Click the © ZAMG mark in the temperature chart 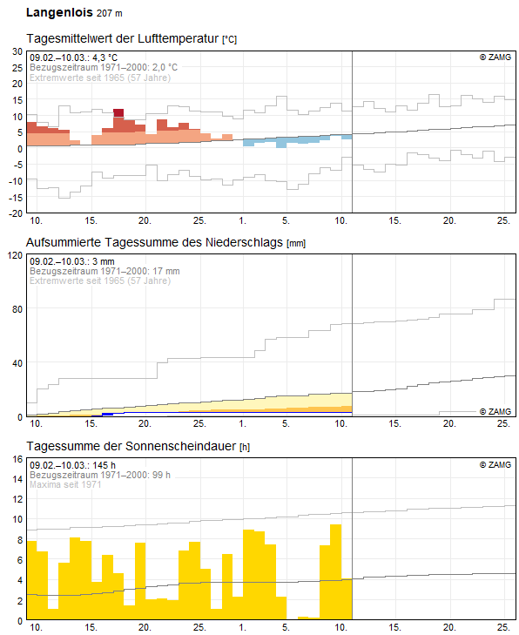click(x=495, y=57)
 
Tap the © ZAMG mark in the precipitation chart click(x=495, y=411)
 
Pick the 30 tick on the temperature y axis click(x=16, y=51)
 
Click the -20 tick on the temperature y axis click(x=14, y=213)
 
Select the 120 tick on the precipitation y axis click(x=14, y=255)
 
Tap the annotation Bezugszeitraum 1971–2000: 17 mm click(x=104, y=271)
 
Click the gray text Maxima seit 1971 click(x=65, y=484)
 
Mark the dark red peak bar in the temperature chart click(x=118, y=112)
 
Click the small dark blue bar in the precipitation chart click(x=107, y=414)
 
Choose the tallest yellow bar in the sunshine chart click(x=335, y=571)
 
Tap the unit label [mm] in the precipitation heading click(x=296, y=242)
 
